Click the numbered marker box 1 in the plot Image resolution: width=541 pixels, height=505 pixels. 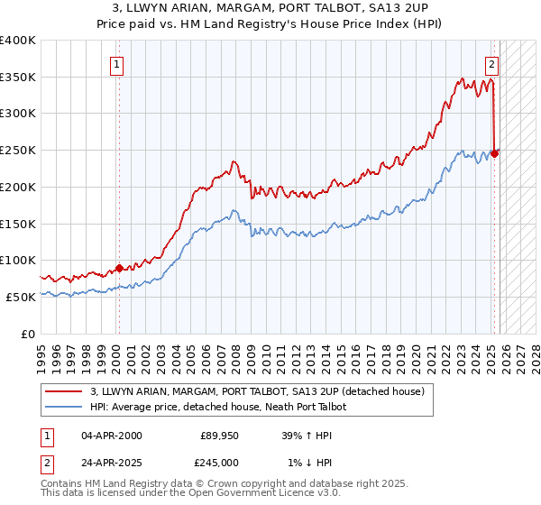point(118,64)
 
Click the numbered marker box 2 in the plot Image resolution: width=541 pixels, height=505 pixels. point(492,64)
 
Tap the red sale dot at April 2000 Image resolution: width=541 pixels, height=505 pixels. point(119,268)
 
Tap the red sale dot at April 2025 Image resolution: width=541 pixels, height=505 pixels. point(495,153)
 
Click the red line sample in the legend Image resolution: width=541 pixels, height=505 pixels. point(64,391)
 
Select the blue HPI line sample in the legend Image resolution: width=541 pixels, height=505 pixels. point(64,407)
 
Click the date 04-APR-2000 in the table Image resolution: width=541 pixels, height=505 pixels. point(112,436)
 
